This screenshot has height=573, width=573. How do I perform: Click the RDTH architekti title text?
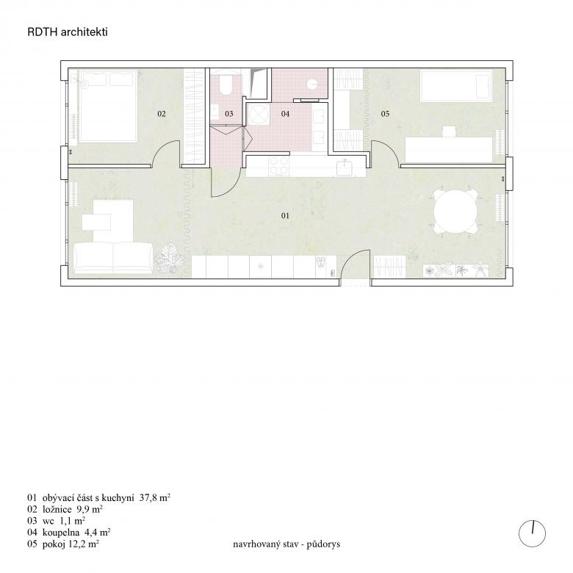coord(68,32)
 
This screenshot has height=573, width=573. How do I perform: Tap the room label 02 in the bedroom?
coord(162,114)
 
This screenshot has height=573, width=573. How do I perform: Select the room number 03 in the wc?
coord(229,114)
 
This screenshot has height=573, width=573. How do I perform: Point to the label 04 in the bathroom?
coord(286,114)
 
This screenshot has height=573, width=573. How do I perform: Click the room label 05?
coord(385,114)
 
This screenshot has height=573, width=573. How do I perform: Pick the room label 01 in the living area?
coord(286,215)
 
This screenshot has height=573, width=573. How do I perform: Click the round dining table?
coord(455,212)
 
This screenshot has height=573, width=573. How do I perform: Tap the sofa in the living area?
coord(113,258)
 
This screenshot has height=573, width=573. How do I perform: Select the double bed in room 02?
coord(108,106)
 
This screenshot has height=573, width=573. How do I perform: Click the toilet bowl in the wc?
coord(226,84)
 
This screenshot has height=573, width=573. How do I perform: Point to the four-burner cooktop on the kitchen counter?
coord(279,166)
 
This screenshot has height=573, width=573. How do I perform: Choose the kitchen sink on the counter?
coord(345,167)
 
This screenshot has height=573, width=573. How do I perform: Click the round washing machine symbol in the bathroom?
coord(259,115)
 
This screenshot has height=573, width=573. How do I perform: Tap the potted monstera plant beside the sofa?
coord(168,258)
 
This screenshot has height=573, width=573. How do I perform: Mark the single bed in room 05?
coord(456,86)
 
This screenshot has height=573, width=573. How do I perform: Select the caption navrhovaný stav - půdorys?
coord(286,544)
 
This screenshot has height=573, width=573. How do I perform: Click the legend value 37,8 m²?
coord(155,498)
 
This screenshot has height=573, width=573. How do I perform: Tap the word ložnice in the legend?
coord(57,509)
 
